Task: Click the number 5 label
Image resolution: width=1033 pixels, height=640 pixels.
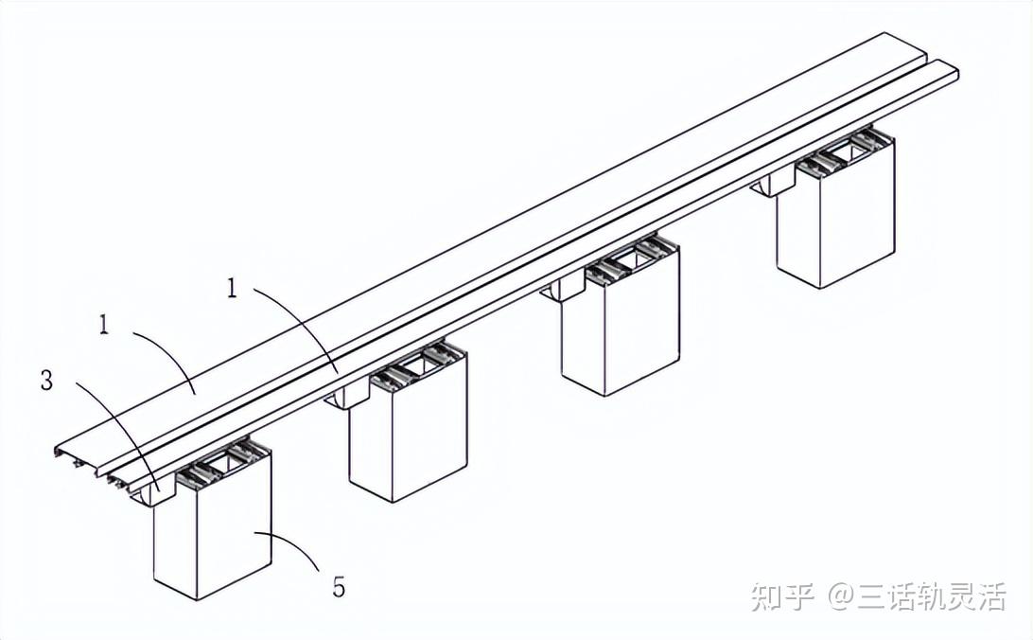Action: [x=339, y=586]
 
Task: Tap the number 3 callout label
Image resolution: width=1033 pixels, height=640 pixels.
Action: [x=46, y=381]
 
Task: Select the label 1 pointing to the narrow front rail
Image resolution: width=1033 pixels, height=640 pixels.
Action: [x=231, y=288]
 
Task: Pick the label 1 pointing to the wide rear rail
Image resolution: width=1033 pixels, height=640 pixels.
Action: [x=103, y=325]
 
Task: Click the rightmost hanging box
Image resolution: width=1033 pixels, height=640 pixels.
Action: [x=836, y=213]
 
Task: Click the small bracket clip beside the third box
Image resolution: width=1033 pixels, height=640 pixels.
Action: [x=562, y=290]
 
